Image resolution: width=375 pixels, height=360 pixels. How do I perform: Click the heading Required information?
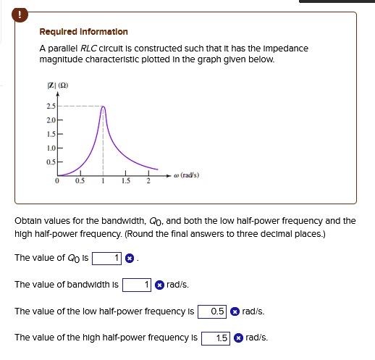[83, 32]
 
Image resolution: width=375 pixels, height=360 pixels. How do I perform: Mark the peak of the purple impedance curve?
[103, 107]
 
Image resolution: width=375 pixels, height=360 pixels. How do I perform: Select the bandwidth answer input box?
[138, 285]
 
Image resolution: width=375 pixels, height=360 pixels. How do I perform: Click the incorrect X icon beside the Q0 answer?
[129, 258]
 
